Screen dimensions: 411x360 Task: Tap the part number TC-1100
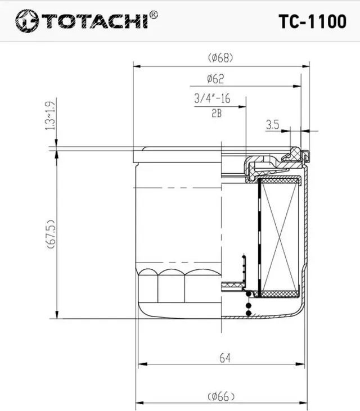312,21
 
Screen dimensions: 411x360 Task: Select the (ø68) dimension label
220,57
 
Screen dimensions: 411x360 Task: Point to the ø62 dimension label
215,79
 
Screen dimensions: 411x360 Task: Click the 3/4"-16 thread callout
213,98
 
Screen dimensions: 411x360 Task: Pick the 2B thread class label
217,114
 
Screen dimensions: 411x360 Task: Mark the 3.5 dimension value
273,124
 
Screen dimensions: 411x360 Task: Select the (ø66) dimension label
221,397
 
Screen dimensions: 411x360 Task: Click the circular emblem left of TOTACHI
25,22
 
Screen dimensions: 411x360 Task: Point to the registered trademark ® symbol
154,13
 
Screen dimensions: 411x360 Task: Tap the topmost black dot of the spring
249,293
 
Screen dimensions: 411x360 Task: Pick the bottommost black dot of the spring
249,314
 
